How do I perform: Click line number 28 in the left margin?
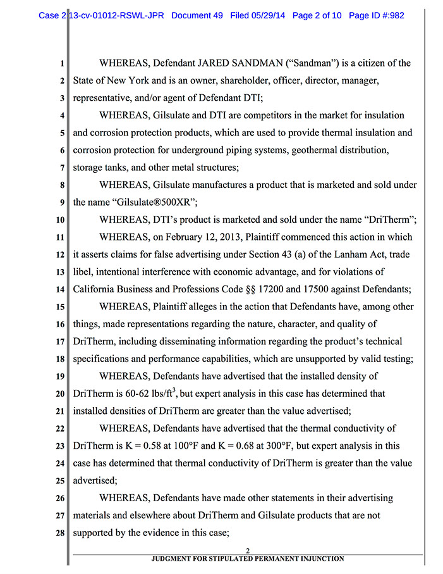click(59, 533)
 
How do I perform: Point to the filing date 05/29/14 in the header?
click(271, 15)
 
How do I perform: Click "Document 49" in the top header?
click(197, 15)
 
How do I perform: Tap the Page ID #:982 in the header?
click(375, 15)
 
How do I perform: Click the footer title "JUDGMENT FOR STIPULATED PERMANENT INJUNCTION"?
click(248, 559)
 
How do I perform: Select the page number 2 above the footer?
click(248, 551)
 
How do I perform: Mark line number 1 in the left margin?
click(62, 63)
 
